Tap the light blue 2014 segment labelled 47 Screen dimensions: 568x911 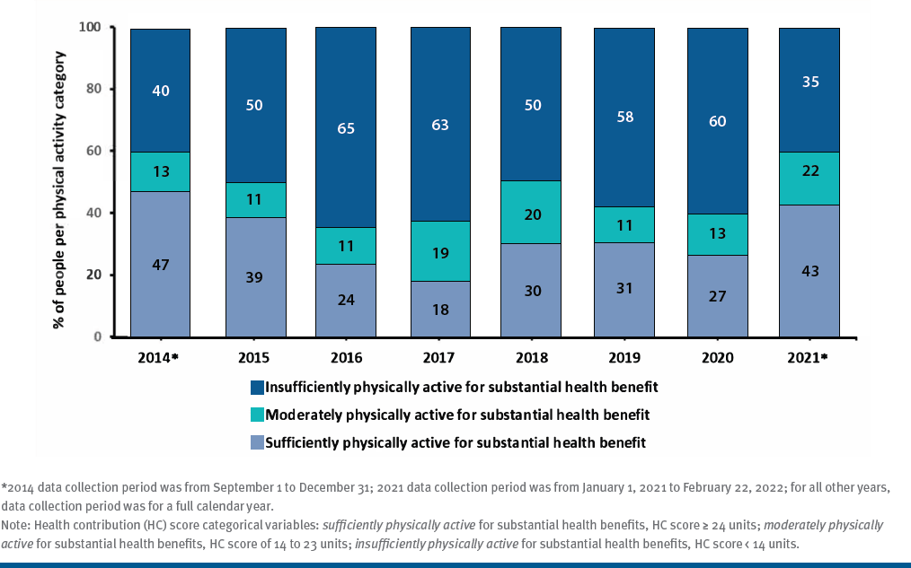(161, 264)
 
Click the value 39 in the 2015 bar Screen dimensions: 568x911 (255, 277)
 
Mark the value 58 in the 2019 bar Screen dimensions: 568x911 (624, 117)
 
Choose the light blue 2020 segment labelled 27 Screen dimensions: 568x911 (717, 296)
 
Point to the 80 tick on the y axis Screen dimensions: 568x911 (93, 90)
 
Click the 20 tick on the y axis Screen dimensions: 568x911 (93, 275)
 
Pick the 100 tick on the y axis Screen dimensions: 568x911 (89, 28)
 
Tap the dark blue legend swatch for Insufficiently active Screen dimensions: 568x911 (259, 388)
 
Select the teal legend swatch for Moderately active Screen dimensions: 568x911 (259, 415)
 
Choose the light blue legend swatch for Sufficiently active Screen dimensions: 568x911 (259, 443)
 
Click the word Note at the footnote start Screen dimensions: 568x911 (15, 525)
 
